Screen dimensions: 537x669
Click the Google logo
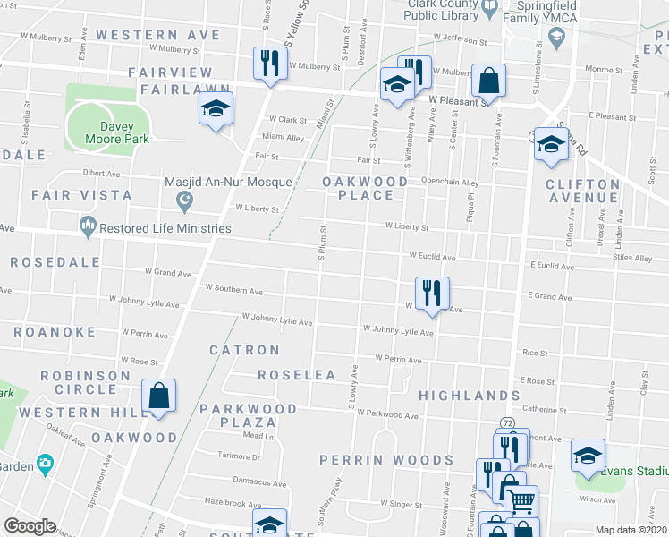point(30,526)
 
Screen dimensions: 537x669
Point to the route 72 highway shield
point(507,422)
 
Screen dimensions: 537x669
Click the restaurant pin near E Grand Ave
point(432,293)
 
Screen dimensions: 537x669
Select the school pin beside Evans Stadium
point(589,456)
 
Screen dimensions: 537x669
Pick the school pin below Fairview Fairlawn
point(216,109)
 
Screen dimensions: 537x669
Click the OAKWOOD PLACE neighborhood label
point(366,188)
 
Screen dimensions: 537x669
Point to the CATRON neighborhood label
point(244,350)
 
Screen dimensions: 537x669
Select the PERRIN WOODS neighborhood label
point(386,460)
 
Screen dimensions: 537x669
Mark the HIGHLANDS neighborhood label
point(469,395)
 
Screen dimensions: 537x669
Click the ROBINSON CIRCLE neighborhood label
point(91,382)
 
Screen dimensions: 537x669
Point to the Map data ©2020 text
point(631,530)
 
